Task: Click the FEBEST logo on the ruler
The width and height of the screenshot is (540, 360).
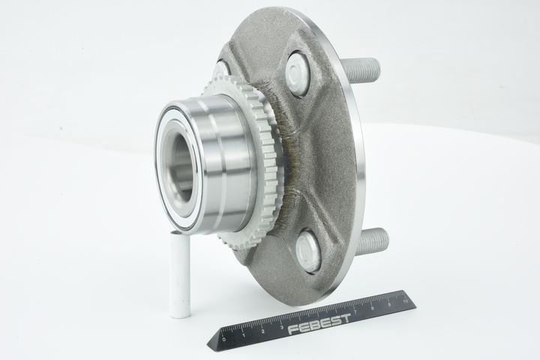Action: (x=319, y=324)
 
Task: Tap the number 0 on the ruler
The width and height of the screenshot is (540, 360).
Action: (x=224, y=340)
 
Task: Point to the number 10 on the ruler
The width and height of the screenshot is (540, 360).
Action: (x=404, y=301)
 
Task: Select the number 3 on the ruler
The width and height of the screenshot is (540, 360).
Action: (x=282, y=327)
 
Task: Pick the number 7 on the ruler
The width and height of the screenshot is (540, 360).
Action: (x=355, y=311)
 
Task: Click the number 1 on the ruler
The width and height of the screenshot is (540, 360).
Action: (x=244, y=335)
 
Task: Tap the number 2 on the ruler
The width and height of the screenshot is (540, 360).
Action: (x=262, y=331)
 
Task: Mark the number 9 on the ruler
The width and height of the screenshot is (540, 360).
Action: (x=389, y=304)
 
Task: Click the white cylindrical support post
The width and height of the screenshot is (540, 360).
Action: (x=180, y=274)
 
